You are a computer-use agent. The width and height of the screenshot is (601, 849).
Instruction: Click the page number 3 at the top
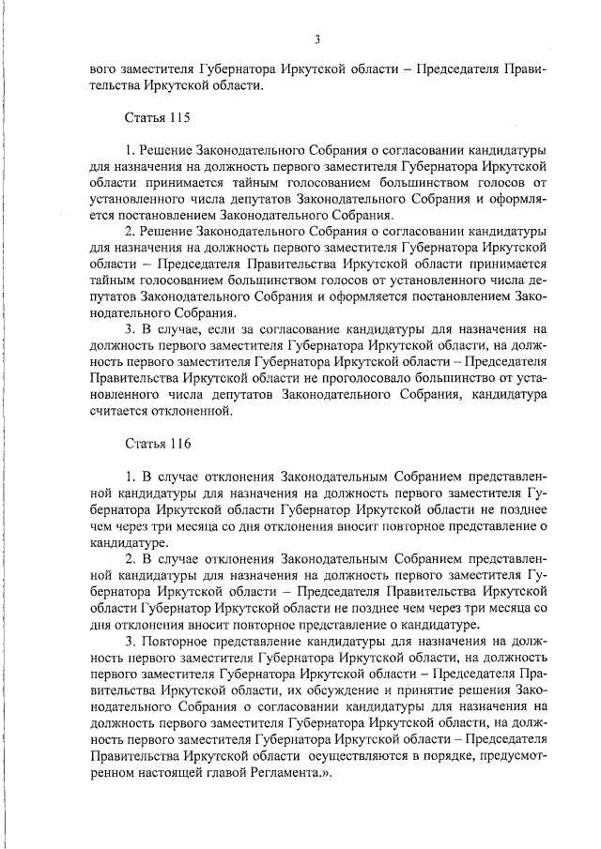(x=318, y=38)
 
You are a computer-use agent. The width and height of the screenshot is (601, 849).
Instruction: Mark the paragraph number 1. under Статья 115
(x=130, y=150)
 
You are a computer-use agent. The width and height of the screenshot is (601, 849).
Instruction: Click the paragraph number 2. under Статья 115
(x=131, y=232)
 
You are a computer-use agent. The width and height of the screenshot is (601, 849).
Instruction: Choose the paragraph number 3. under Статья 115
(x=131, y=329)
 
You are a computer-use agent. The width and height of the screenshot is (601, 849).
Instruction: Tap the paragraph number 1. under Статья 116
(x=130, y=477)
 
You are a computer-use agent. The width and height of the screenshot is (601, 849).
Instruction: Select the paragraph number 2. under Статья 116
(x=131, y=558)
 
